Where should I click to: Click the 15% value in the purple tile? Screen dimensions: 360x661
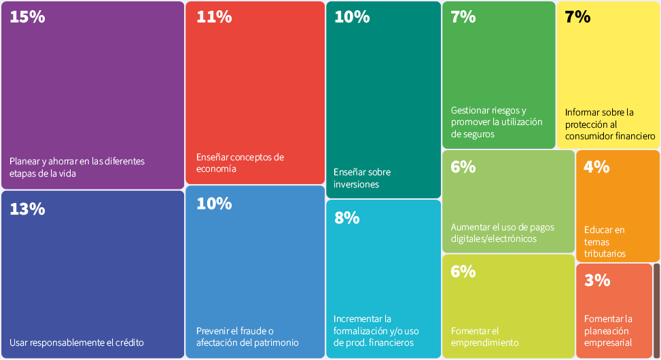(27, 17)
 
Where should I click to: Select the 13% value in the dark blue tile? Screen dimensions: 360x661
(27, 209)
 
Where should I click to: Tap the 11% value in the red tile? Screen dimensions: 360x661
(214, 17)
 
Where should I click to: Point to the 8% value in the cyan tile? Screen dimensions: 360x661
(346, 218)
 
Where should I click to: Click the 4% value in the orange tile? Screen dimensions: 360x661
(596, 166)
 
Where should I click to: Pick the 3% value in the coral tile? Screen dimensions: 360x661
(596, 280)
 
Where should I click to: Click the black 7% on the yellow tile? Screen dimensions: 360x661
(577, 17)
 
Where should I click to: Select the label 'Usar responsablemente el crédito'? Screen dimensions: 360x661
(77, 342)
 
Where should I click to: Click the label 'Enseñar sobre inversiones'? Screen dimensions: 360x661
(362, 178)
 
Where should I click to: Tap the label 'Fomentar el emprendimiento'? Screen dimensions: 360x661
(484, 336)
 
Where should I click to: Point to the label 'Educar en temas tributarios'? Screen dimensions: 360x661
(605, 242)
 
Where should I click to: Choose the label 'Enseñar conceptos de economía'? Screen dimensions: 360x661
(240, 163)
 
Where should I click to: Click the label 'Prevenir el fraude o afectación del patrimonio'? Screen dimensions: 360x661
(247, 336)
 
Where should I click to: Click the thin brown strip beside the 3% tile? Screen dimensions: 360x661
(656, 310)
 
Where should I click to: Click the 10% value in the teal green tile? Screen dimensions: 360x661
(352, 17)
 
